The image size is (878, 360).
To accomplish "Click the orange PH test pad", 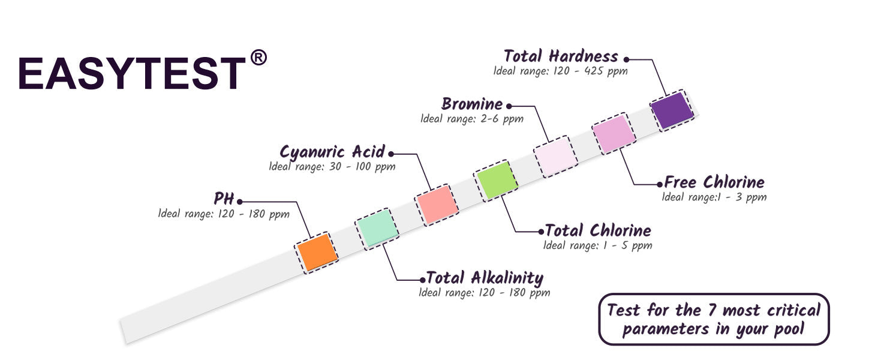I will click(x=318, y=252).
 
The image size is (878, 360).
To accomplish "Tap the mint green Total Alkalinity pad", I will click(x=377, y=228).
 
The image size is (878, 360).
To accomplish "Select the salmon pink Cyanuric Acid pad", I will click(x=436, y=204).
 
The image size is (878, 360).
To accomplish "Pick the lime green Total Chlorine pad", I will click(x=495, y=180).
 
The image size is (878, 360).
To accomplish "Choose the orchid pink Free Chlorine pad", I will click(x=614, y=133).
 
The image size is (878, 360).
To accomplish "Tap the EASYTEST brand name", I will click(x=132, y=73).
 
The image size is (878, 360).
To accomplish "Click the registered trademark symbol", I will click(x=258, y=58).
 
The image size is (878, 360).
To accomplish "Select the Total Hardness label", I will click(x=561, y=56).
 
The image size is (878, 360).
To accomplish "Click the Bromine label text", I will click(x=472, y=104).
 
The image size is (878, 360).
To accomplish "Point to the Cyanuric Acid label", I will click(x=332, y=152).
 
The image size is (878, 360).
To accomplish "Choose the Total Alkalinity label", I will click(x=485, y=278).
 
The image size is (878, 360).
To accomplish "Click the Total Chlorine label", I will click(x=597, y=230).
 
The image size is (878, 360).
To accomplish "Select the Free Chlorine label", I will click(x=714, y=182).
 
